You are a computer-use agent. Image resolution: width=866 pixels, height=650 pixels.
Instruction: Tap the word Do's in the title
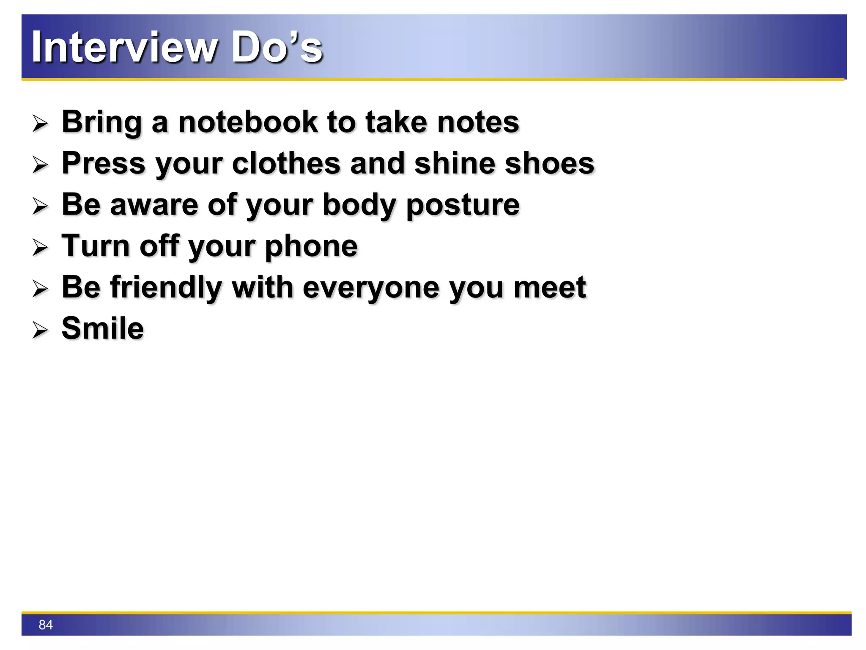tap(277, 47)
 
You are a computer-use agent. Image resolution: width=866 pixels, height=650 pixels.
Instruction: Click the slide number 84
tap(46, 625)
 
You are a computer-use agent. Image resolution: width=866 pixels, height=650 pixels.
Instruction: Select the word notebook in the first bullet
tap(247, 122)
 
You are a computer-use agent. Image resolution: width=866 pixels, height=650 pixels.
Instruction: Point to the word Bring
tap(101, 122)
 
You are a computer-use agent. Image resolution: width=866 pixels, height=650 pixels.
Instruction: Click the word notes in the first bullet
tap(478, 122)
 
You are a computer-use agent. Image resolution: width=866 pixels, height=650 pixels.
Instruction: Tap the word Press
tap(104, 163)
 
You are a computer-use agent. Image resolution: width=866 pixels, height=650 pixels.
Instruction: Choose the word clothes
tap(286, 163)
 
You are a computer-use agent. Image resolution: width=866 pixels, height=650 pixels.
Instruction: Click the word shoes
tap(550, 163)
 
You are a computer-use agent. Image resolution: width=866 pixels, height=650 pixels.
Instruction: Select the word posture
tap(463, 205)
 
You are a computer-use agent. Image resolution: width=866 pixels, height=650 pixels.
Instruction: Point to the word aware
tap(154, 205)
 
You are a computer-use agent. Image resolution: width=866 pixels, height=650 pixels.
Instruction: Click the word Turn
tap(96, 246)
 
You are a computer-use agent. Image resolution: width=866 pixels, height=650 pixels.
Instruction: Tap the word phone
tap(311, 246)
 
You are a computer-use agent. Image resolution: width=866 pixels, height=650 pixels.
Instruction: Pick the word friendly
tap(166, 287)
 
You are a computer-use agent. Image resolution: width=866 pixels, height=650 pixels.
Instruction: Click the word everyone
tap(371, 287)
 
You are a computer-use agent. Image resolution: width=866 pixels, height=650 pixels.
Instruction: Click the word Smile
tap(103, 328)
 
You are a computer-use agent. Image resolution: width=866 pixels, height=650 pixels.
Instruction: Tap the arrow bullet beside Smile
tap(41, 330)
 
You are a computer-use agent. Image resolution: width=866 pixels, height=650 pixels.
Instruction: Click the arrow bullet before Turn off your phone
tap(41, 248)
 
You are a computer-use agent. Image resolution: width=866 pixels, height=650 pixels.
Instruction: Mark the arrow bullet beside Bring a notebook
tap(41, 124)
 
